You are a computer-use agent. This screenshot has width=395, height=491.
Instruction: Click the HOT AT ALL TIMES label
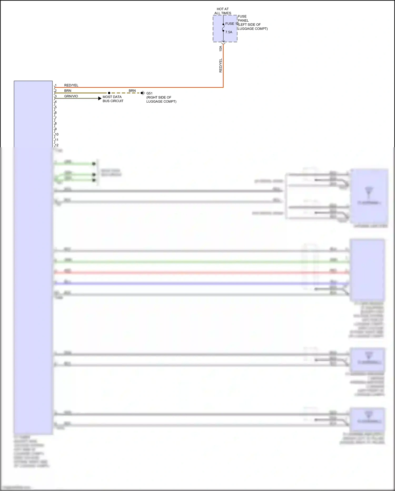pos(223,11)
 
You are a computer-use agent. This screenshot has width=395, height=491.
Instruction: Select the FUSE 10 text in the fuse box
pos(231,24)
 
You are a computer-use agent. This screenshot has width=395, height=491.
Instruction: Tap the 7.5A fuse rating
pos(229,32)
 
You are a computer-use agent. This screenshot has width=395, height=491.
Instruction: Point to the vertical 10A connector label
pos(221,49)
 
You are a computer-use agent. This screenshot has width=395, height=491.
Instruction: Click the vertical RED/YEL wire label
pos(221,65)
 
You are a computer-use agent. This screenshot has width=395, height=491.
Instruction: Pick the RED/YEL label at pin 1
pos(71,85)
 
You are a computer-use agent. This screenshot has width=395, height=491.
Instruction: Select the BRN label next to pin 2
pos(68,91)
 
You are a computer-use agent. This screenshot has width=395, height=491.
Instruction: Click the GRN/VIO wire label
pos(71,96)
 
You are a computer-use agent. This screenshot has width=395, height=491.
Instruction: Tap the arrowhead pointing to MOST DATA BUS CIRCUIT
pos(100,98)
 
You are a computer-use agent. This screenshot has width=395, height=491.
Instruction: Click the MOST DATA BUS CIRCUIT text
pos(113,99)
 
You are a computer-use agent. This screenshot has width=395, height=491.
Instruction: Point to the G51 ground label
pos(149,93)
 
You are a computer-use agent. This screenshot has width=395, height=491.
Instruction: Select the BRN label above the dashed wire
pos(132,91)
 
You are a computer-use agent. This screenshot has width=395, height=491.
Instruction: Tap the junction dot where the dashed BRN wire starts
pos(109,93)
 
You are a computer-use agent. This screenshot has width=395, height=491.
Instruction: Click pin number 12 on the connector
pos(57,145)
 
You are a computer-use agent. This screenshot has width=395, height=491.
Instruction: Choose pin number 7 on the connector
pos(56,118)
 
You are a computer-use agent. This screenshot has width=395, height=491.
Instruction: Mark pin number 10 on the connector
pos(57,134)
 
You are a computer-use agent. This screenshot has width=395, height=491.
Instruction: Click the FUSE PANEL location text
pos(252,22)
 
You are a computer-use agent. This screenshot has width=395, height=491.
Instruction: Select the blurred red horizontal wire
pos(200,273)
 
